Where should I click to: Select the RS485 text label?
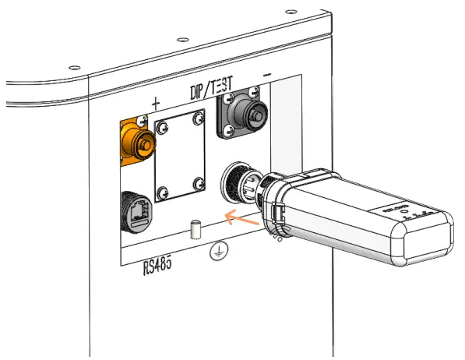158,268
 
